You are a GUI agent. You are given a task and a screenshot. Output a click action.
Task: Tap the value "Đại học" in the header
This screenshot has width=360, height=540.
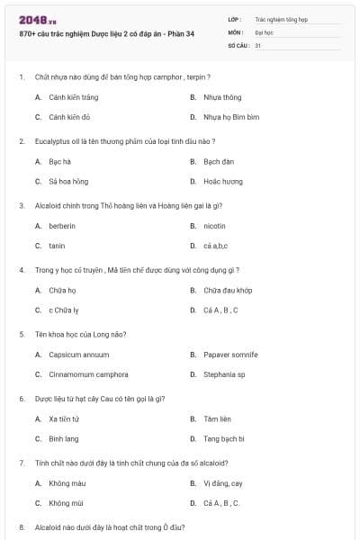[264, 31]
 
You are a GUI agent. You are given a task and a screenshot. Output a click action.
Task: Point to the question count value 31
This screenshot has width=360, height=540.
[258, 45]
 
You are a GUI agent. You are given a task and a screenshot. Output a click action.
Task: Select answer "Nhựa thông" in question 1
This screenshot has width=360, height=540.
[221, 97]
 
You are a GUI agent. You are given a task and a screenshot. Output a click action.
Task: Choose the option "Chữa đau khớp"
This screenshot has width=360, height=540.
[228, 290]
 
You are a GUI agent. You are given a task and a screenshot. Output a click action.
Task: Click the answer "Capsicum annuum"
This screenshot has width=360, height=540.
[79, 355]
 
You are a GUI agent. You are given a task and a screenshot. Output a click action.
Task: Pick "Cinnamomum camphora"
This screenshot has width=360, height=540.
[88, 374]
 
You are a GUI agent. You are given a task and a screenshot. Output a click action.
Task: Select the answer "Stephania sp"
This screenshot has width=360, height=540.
[224, 374]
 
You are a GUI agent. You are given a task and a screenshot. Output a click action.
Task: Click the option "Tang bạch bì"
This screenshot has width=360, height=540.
[224, 438]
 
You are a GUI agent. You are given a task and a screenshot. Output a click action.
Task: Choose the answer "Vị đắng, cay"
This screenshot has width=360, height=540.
[222, 483]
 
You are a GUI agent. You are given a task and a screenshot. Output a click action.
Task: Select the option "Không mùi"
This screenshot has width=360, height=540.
[66, 503]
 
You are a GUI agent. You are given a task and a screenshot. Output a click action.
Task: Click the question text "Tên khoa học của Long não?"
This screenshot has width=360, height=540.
[81, 334]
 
